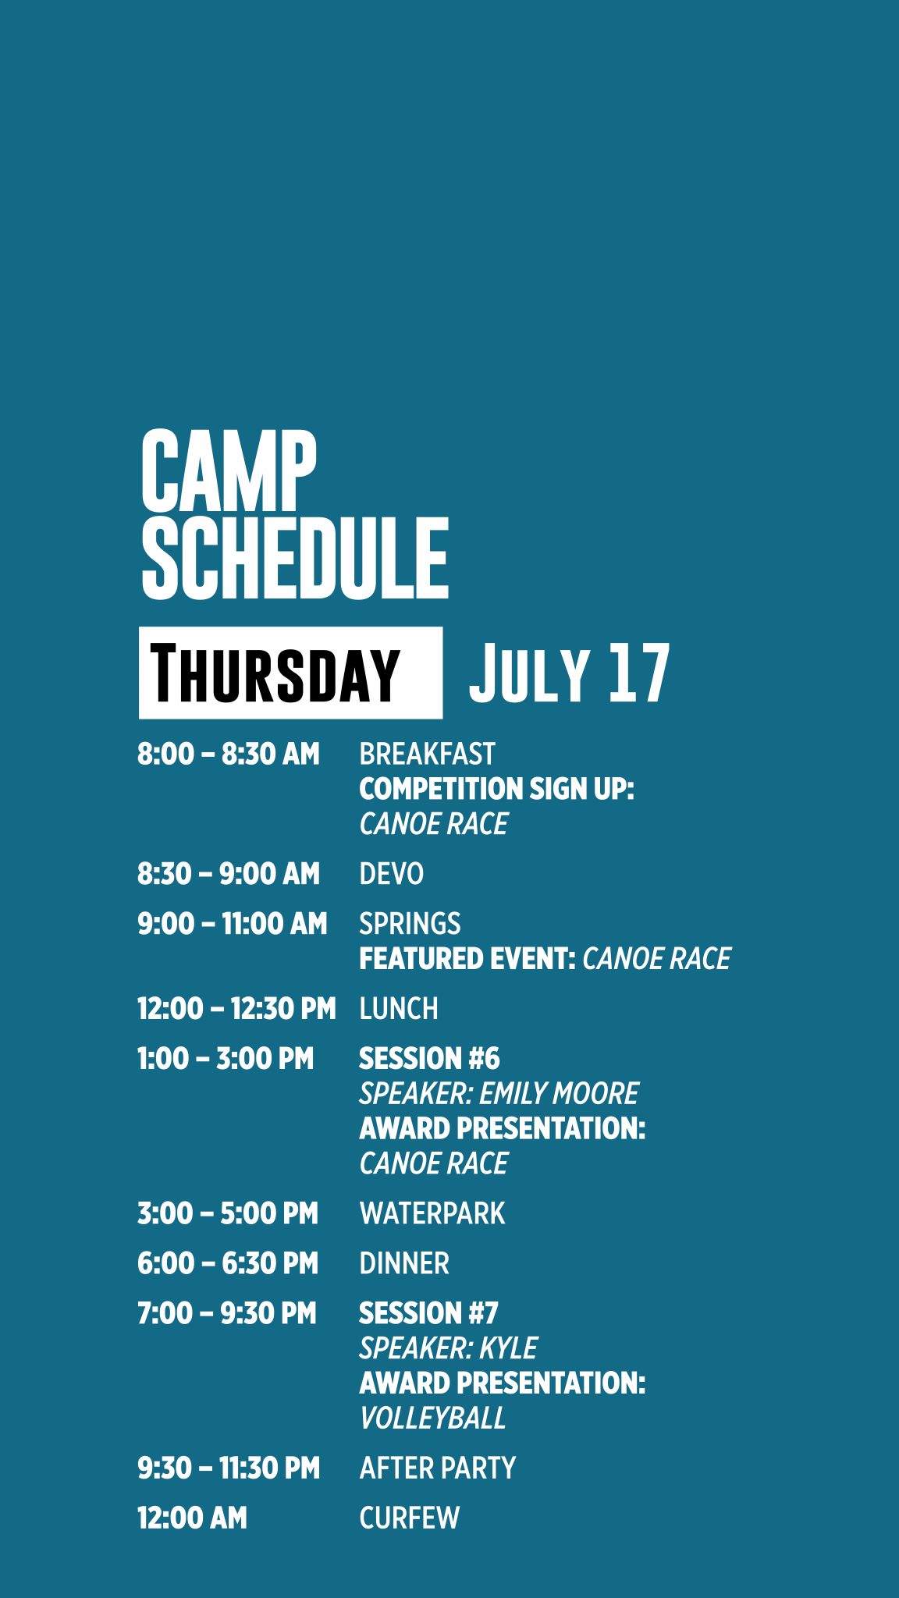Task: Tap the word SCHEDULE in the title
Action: tap(295, 558)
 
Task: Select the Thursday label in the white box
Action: tap(275, 673)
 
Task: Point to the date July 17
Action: tap(569, 673)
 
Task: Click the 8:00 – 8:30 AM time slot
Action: tap(229, 755)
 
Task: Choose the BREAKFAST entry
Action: tap(427, 755)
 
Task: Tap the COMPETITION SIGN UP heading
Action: tap(496, 789)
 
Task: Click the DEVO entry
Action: tap(391, 874)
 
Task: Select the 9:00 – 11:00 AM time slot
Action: tap(232, 924)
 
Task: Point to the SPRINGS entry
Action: tap(410, 924)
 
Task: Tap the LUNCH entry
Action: tap(399, 1009)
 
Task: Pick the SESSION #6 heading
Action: tap(429, 1059)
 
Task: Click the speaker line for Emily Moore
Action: tap(499, 1094)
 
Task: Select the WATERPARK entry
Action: tap(432, 1213)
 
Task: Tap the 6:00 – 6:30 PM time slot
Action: tap(228, 1263)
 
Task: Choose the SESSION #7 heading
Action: tap(428, 1313)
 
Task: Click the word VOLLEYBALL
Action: tap(432, 1418)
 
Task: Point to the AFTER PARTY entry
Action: tap(438, 1468)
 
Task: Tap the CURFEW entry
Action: tap(410, 1518)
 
